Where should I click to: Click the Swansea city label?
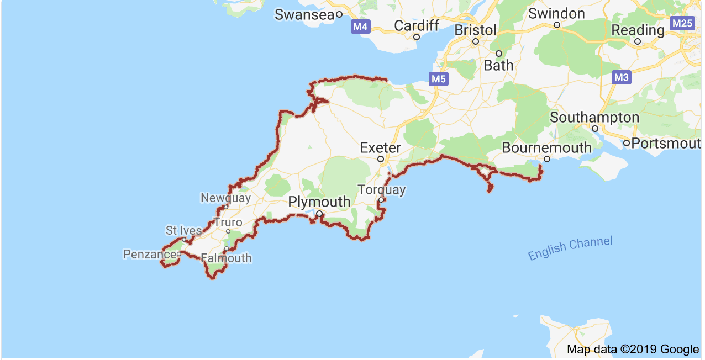point(304,15)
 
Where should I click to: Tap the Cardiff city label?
point(417,25)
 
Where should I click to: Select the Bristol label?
point(475,30)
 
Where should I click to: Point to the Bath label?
point(498,65)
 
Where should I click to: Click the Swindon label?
point(556,13)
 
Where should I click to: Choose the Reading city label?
point(638,30)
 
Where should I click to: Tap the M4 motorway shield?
point(361,26)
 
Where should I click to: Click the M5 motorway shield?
point(438,79)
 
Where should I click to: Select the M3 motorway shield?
point(622,77)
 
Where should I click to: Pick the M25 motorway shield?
point(681,23)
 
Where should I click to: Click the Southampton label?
point(594,118)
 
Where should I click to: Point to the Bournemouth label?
point(546,148)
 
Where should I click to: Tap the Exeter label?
point(380,147)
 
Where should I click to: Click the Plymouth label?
point(319,202)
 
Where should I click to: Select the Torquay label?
point(381,190)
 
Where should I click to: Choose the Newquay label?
point(225,198)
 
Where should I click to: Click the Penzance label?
point(149,254)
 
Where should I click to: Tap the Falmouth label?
point(226,258)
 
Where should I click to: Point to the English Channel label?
point(570,248)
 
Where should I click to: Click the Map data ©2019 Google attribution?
point(633,349)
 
